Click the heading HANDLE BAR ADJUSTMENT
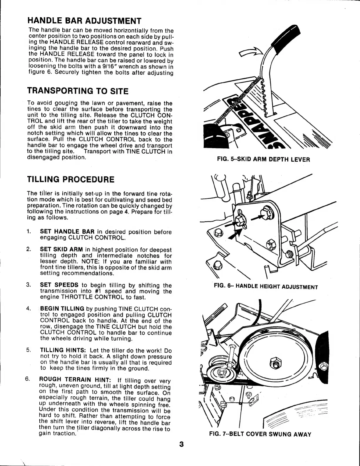click(84, 21)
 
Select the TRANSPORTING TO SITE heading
click(78, 91)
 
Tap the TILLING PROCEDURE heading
click(71, 179)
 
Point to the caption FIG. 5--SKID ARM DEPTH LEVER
click(263, 160)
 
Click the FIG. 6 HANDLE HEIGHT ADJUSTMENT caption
click(266, 286)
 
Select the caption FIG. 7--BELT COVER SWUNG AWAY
click(260, 434)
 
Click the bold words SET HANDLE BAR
click(67, 232)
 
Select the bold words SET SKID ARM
click(61, 250)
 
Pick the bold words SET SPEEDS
click(59, 285)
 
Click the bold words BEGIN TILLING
click(62, 309)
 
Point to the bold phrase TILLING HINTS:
click(63, 350)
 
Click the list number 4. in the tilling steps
click(29, 309)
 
